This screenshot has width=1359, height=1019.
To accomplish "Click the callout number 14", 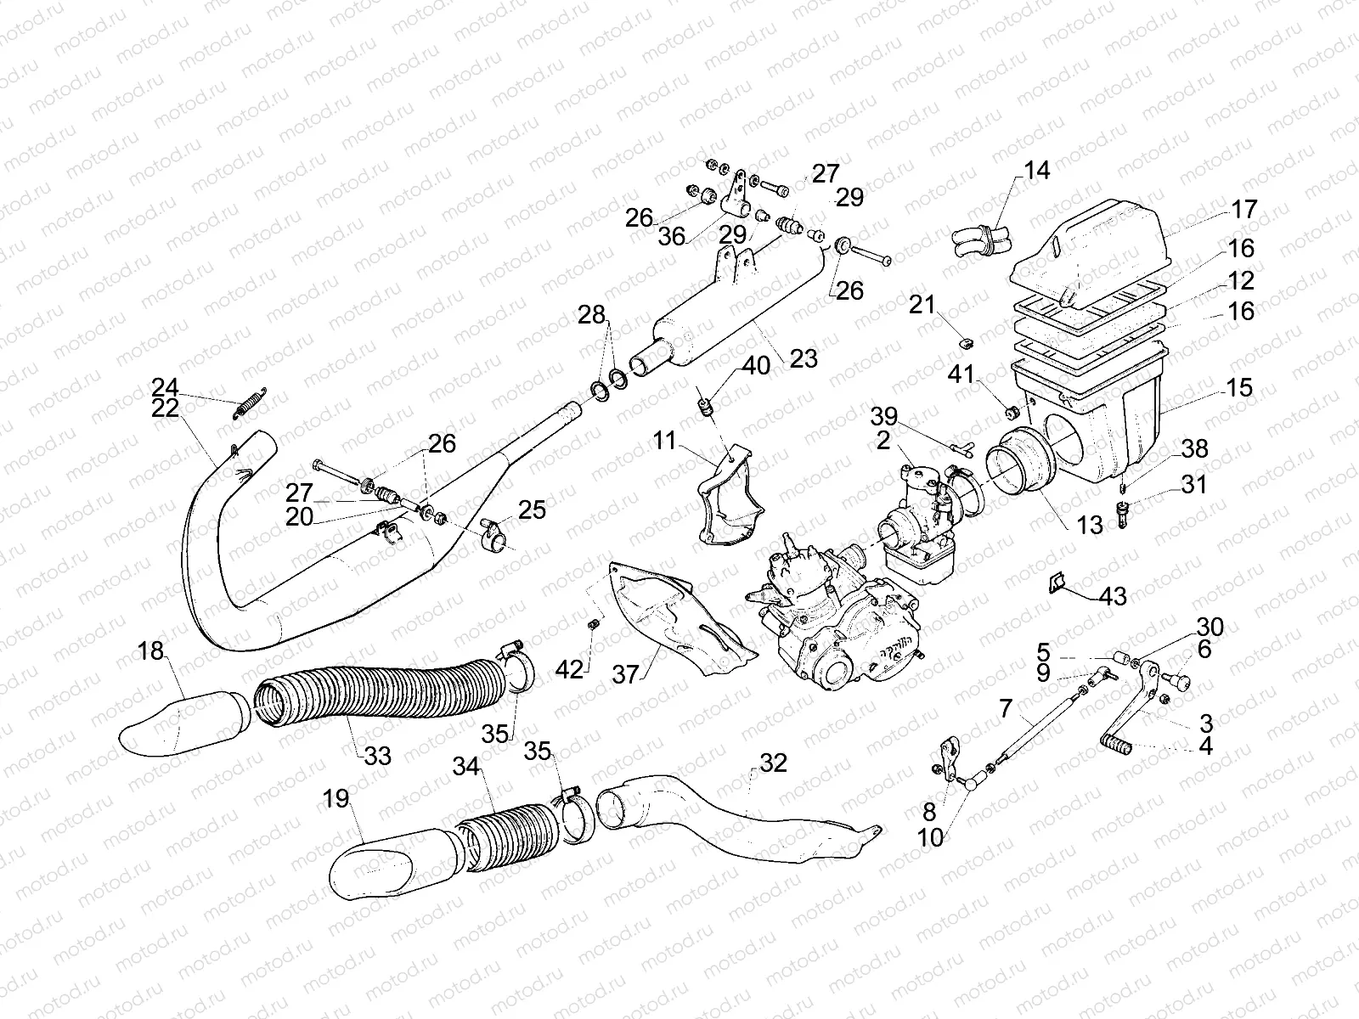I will tap(1036, 171).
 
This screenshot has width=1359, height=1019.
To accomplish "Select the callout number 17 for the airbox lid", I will tap(1243, 210).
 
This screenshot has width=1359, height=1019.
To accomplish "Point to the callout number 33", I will tap(378, 754).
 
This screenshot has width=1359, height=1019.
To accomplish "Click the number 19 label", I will tap(337, 799).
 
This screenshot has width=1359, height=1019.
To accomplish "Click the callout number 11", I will tap(665, 440).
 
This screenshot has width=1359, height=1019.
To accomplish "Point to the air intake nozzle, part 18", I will tap(183, 724).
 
